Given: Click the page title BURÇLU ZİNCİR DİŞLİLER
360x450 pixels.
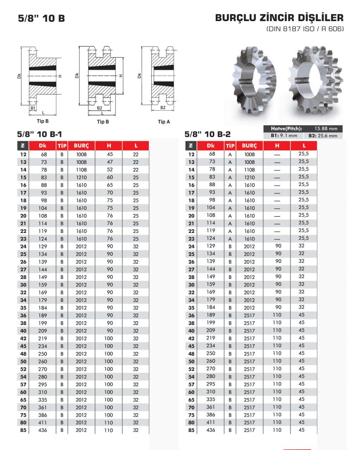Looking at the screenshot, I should click(279, 18).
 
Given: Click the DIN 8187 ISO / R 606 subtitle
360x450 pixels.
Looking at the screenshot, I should click(305, 29).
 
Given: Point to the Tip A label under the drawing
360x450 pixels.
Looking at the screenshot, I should click(164, 122).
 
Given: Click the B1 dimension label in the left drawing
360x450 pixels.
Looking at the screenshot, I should click(33, 108).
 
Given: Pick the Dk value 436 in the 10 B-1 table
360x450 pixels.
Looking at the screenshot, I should click(43, 430).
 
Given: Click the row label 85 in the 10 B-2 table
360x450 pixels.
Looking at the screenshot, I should click(191, 430).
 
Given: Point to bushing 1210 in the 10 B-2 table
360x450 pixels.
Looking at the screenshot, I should click(249, 178).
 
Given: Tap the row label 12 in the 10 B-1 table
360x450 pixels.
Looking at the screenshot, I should click(23, 154).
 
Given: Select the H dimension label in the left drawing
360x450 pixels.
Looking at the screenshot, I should click(61, 76).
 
